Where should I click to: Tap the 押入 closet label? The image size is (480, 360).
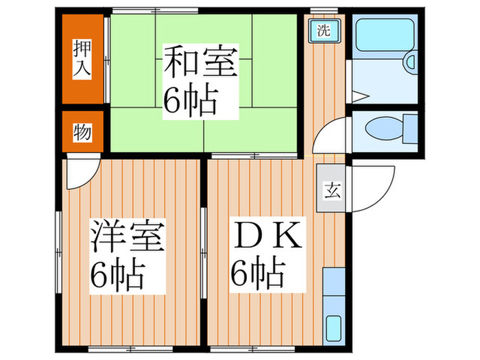(82, 57)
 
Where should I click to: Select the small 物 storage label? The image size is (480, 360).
(82, 133)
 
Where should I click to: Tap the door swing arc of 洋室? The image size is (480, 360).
(81, 175)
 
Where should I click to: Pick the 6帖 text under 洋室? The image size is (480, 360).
(118, 276)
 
